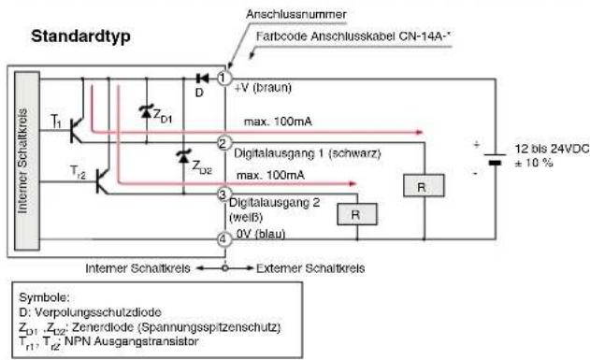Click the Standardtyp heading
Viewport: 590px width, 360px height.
coord(81,37)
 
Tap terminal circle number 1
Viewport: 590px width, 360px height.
coord(224,79)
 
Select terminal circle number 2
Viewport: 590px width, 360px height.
coord(223,143)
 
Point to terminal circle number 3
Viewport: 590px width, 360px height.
coord(223,194)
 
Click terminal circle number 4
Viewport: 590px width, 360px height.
coord(223,239)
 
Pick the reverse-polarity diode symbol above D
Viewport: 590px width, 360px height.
coord(203,79)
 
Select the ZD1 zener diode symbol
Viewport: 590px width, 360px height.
coord(146,111)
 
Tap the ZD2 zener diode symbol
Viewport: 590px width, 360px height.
coord(183,156)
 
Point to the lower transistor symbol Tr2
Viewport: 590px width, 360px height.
coord(102,181)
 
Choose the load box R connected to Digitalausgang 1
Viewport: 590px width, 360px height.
coord(424,185)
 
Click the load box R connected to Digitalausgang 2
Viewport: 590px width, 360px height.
coord(356,214)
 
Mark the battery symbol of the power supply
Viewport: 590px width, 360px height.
coord(495,159)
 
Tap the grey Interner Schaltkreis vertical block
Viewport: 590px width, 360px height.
coord(27,161)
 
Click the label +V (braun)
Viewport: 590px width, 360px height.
coord(263,88)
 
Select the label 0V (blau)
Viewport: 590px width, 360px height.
coord(260,234)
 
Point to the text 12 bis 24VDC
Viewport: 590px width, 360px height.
coord(553,149)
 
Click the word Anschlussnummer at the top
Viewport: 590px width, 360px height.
coord(295,14)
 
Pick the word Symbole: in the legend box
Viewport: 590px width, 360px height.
coord(44,297)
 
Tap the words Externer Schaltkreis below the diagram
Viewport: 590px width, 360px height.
coord(310,268)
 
